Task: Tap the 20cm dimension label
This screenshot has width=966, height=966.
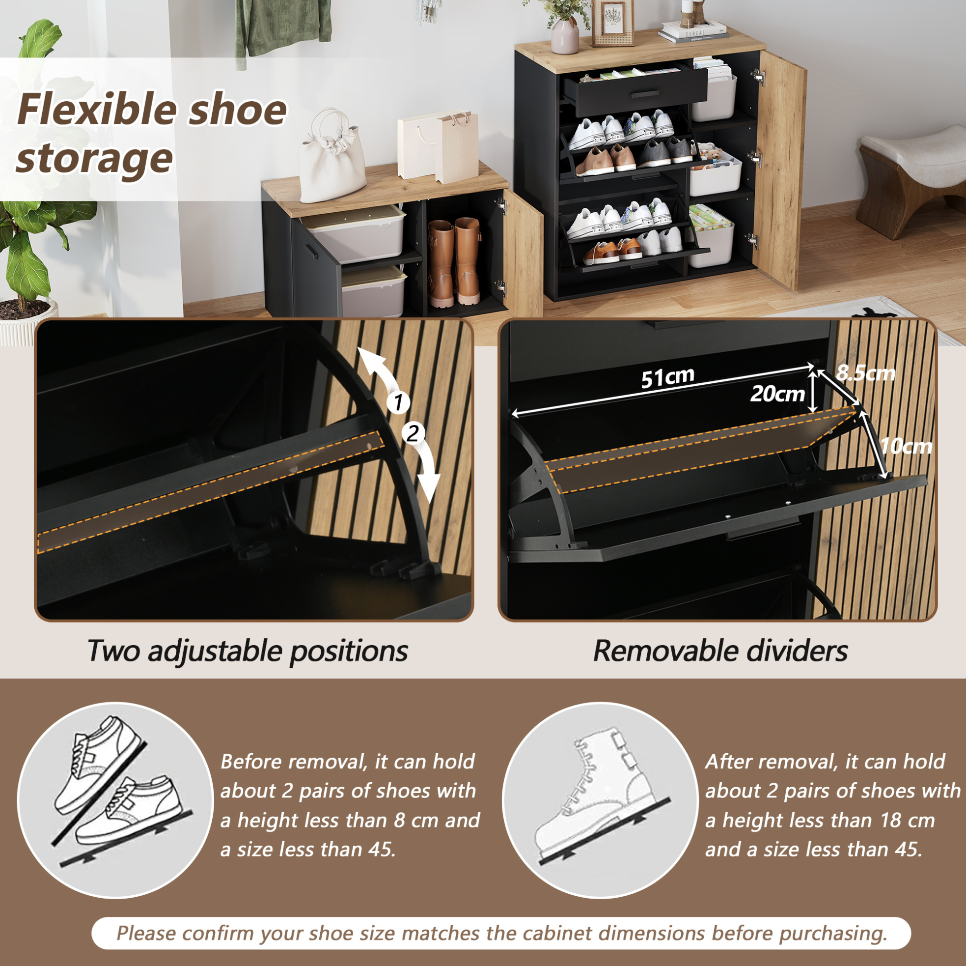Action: click(777, 394)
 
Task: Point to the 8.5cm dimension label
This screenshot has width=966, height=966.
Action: click(865, 373)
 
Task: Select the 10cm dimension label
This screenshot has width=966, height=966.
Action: click(906, 446)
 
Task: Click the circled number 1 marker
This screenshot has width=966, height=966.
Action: click(398, 402)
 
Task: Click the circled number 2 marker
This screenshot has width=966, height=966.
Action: click(413, 433)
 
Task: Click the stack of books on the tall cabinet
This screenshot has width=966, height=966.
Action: click(693, 31)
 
